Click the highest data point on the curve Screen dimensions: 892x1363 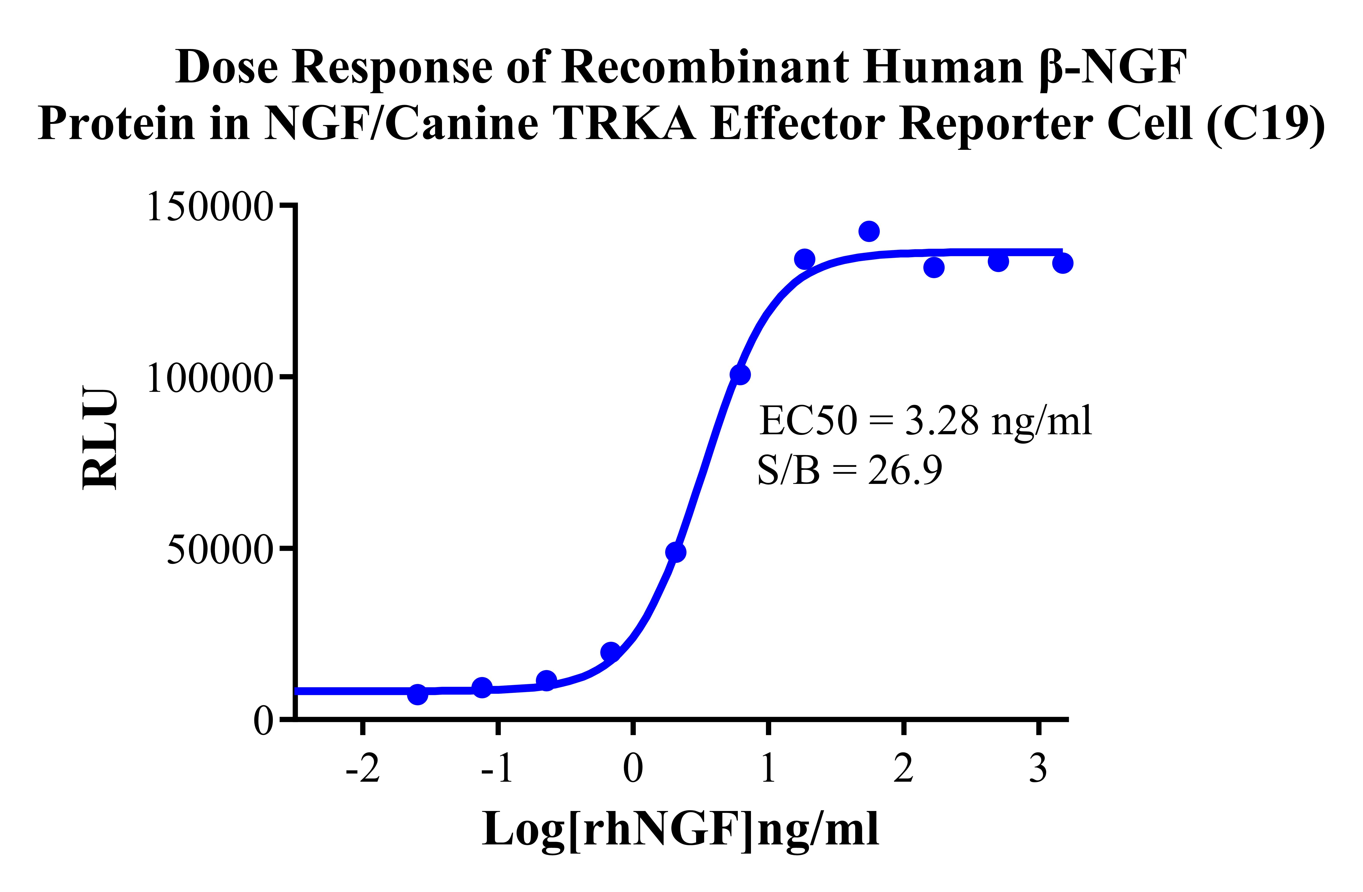869,231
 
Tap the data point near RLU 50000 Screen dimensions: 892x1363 676,552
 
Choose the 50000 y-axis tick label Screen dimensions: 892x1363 219,550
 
